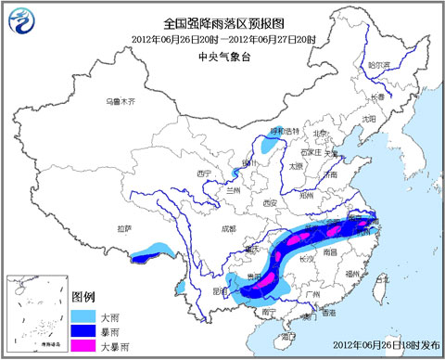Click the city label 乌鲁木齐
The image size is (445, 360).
pyautogui.click(x=120, y=99)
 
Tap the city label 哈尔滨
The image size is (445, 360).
pyautogui.click(x=379, y=65)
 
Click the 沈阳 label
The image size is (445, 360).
pyautogui.click(x=369, y=119)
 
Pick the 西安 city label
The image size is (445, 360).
pyautogui.click(x=270, y=202)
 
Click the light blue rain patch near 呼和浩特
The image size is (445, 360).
pyautogui.click(x=271, y=145)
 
